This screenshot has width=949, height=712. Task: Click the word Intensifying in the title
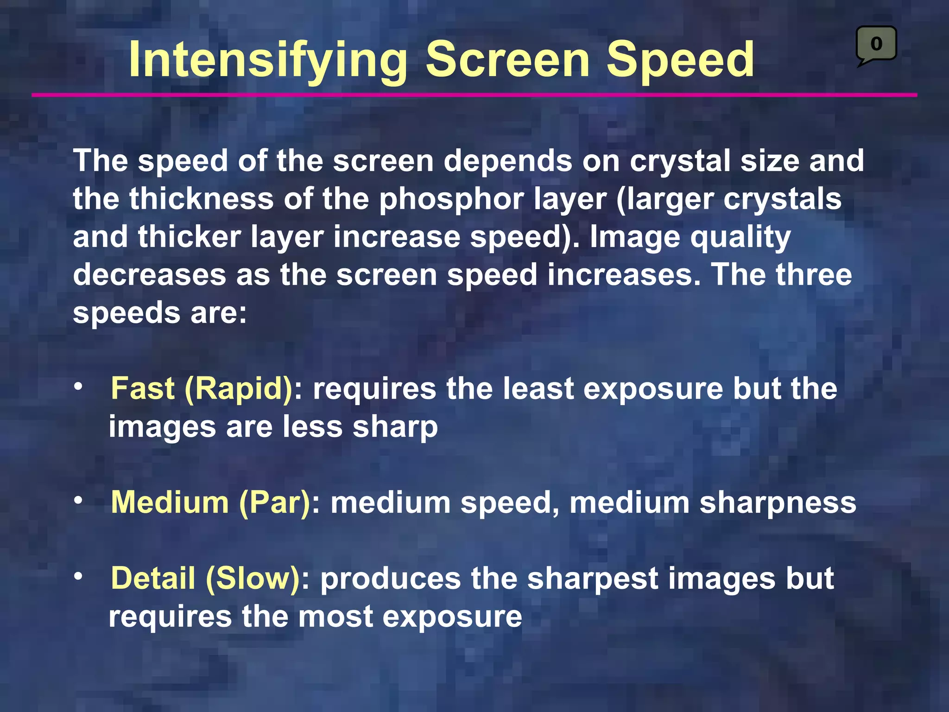pyautogui.click(x=268, y=60)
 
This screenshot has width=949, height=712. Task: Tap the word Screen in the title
pyautogui.click(x=507, y=59)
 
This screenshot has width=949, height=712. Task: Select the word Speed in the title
pyautogui.click(x=680, y=60)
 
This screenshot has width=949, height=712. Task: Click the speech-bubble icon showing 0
pyautogui.click(x=876, y=44)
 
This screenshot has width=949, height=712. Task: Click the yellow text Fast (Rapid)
pyautogui.click(x=202, y=388)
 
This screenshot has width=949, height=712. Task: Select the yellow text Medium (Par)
pyautogui.click(x=210, y=502)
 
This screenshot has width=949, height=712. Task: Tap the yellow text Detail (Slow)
pyautogui.click(x=206, y=578)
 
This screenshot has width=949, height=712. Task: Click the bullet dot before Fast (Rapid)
pyautogui.click(x=79, y=386)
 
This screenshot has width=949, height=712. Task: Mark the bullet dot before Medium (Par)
pyautogui.click(x=79, y=500)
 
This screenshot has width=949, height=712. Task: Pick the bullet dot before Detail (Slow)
pyautogui.click(x=79, y=576)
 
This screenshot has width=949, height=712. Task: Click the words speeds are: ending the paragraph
pyautogui.click(x=160, y=313)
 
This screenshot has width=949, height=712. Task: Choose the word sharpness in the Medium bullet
pyautogui.click(x=777, y=502)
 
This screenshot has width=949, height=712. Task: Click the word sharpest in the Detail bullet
pyautogui.click(x=593, y=579)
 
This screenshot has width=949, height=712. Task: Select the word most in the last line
pyautogui.click(x=335, y=617)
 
